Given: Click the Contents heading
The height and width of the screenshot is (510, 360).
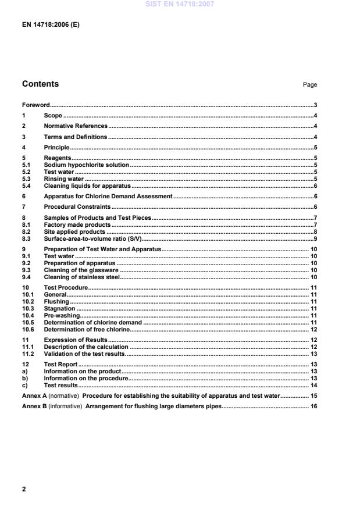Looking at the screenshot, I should coord(40,84).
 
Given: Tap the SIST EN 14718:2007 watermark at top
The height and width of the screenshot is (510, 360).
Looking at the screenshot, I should coord(180,4).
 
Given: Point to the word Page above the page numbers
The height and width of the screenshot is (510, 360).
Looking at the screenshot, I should coord(309,85).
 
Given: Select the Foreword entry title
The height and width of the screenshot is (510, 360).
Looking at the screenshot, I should coord(35,105).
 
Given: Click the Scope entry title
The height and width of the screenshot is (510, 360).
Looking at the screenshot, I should coord(53,116).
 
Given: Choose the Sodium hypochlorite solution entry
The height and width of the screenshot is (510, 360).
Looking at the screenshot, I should coord(86,165).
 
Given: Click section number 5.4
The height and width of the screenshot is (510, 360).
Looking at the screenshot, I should coord(26,186).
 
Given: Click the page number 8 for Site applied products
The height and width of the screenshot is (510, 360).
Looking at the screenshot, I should coord(315,231).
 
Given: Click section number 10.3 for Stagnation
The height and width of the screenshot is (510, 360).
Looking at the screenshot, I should coord(28,309).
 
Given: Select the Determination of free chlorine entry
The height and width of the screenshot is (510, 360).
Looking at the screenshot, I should coord(87,329).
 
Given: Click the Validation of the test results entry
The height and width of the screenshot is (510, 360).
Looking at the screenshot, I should coord(84,354).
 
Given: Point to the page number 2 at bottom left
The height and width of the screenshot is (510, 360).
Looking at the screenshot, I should coord(24,489).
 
